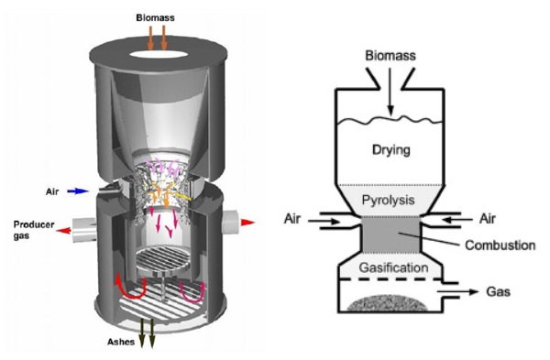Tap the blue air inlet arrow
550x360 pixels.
coord(79,192)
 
